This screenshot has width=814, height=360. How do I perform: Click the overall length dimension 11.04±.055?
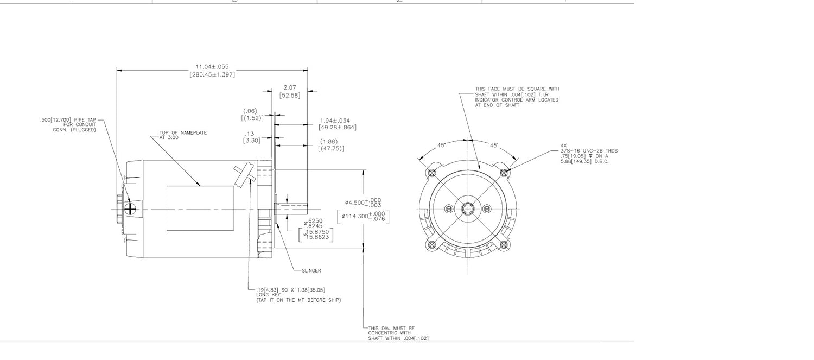coord(212,67)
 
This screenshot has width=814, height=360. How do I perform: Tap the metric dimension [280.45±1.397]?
coord(212,74)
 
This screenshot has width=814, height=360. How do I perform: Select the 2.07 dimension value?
coord(290,87)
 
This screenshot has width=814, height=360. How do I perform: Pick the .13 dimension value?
coord(250,134)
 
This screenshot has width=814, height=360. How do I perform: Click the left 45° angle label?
coord(442,146)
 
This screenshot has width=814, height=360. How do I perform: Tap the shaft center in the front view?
coord(467,209)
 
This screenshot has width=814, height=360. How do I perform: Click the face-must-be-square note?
coord(516,97)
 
